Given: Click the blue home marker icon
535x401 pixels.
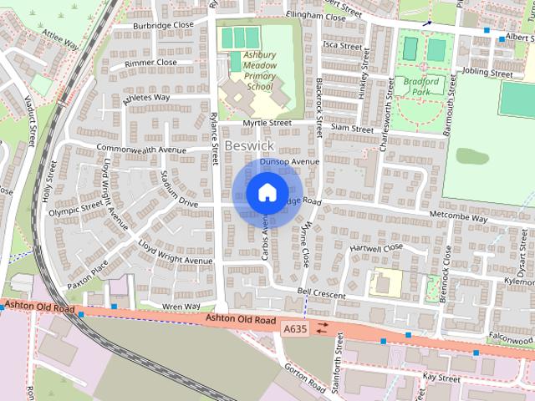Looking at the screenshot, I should (267, 192).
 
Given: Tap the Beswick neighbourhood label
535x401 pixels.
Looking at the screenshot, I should (249, 146).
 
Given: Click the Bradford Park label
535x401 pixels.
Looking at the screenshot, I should (420, 86).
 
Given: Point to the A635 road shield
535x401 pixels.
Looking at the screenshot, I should (294, 329).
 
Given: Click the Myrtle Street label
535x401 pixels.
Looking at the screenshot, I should (267, 123).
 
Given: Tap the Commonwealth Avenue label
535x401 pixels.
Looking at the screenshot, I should (140, 149).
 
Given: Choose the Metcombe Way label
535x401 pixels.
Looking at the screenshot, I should (457, 218).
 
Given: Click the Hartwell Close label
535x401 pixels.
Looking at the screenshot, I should (376, 248).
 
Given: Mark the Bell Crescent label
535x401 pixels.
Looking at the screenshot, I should (322, 295).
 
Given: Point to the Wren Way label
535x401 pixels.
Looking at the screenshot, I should (181, 307).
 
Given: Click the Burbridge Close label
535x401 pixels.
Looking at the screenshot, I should (164, 25).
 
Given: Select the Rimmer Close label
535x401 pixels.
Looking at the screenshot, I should (150, 63).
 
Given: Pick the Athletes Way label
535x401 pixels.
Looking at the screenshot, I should (146, 98).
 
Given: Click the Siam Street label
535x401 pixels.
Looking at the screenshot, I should (351, 129).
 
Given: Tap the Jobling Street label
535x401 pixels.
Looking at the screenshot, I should (486, 74).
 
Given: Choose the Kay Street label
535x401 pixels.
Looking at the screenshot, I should (442, 378).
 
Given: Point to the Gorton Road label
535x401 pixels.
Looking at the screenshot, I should (304, 378).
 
